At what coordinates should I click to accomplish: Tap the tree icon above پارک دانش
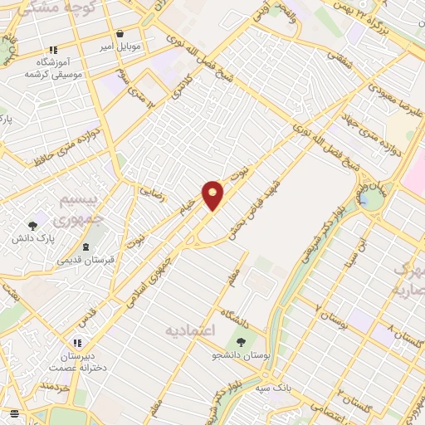tap(33, 225)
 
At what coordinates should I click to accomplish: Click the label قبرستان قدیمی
tap(85, 261)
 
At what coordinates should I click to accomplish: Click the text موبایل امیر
tap(120, 46)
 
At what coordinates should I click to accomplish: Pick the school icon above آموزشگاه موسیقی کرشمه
tap(54, 50)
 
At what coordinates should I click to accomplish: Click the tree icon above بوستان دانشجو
tap(242, 340)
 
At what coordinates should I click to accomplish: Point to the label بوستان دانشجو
tap(242, 354)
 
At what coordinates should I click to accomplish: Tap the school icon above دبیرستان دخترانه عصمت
tap(77, 342)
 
